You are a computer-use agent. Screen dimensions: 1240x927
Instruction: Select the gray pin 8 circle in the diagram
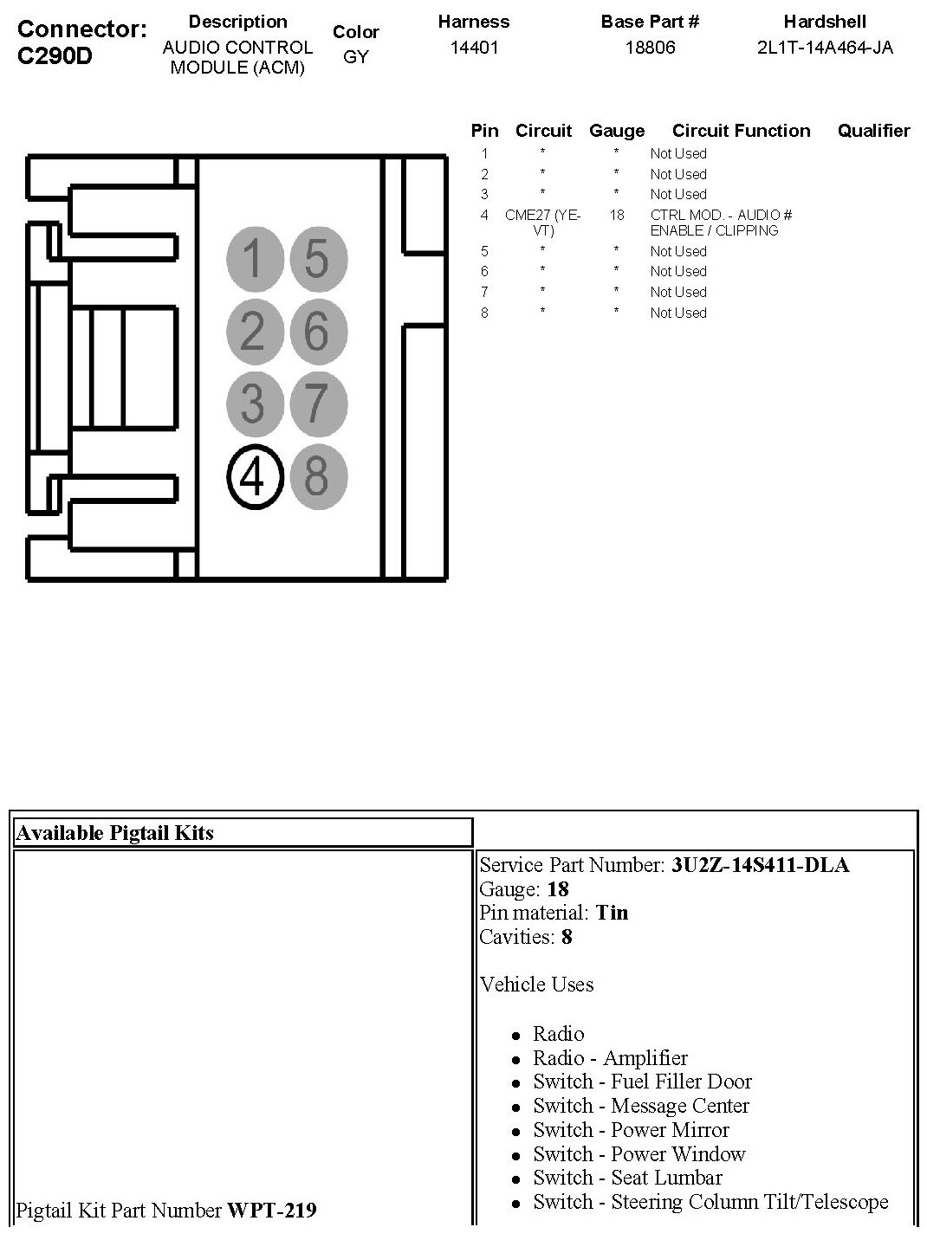(x=317, y=476)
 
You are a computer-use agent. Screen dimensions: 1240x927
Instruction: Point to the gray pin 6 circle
(x=317, y=332)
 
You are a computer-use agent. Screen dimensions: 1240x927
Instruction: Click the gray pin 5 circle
(x=317, y=259)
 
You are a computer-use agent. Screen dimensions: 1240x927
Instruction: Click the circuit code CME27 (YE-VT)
(x=543, y=223)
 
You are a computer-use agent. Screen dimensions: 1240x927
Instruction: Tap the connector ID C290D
(x=55, y=56)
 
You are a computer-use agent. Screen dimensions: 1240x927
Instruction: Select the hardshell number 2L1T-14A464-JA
(x=825, y=48)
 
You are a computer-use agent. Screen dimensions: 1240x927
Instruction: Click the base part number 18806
(x=650, y=48)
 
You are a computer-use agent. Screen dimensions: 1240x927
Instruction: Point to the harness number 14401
(x=474, y=48)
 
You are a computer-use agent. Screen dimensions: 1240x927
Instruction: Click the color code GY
(x=355, y=58)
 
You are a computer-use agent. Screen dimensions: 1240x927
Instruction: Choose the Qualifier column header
(x=873, y=131)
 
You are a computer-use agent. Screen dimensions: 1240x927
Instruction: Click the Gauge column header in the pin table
(x=617, y=131)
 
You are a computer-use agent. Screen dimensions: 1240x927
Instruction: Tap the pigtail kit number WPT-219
(x=271, y=1210)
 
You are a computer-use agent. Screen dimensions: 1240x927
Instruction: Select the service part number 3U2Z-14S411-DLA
(x=760, y=865)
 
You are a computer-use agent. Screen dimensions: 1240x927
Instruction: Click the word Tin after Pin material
(x=612, y=913)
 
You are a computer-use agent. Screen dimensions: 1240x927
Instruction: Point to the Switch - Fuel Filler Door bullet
(x=642, y=1082)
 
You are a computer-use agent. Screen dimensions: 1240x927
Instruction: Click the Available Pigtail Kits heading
(x=115, y=833)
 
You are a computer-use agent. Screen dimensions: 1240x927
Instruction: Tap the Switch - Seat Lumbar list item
(x=627, y=1178)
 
